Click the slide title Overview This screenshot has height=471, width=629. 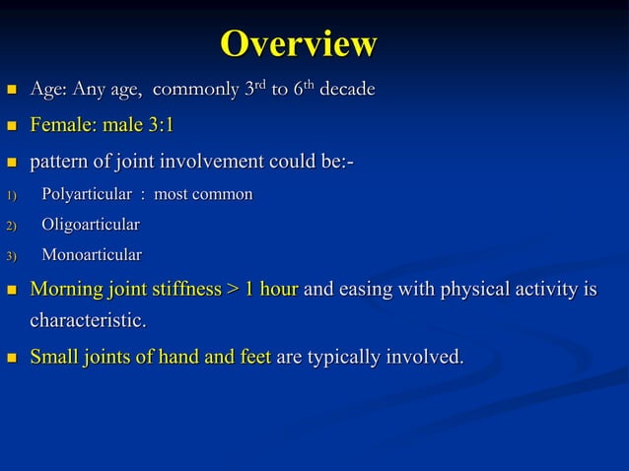coord(299,44)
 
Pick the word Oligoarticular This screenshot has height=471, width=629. coord(90,225)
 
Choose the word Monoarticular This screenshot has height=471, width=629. coord(91,255)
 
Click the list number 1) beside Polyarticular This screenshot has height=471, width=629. coord(11,195)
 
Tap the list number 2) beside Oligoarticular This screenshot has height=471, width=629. coord(11,226)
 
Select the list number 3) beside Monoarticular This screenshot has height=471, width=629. coord(11,256)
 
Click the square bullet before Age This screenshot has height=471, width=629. coord(11,91)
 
